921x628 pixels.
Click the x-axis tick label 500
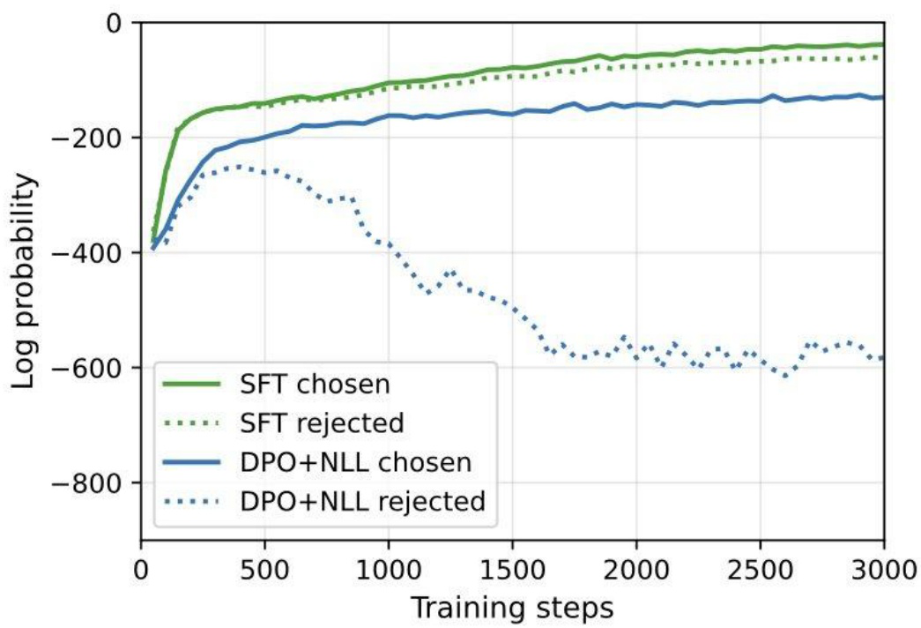point(265,570)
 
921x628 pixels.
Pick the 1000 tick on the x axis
point(389,570)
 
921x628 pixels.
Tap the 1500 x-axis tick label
point(513,570)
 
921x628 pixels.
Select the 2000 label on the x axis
point(636,570)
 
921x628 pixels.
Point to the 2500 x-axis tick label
point(761,570)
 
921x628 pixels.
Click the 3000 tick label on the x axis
point(885,570)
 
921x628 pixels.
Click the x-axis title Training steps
point(512,608)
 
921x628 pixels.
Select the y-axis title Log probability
point(24,281)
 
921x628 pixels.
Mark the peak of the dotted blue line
point(238,167)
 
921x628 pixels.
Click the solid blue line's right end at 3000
point(883,97)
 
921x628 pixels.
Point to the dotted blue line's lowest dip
point(785,375)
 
